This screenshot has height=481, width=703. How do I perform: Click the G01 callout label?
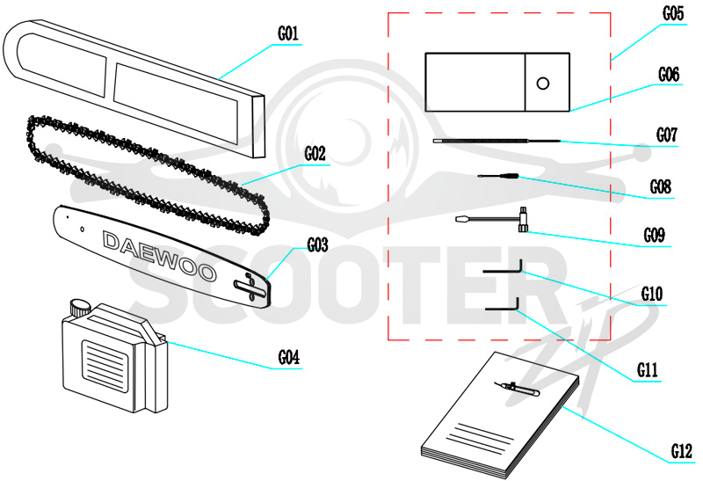point(288,33)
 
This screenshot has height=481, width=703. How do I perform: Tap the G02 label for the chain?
point(315,154)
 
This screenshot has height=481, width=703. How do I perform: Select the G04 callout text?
point(289,358)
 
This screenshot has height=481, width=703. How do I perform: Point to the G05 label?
point(673,13)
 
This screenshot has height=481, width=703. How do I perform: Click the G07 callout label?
point(667,135)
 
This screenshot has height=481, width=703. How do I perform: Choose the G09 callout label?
point(654,235)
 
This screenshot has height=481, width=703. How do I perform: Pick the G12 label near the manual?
point(682,451)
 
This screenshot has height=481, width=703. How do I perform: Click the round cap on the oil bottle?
point(80,308)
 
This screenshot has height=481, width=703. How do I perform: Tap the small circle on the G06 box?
point(543,83)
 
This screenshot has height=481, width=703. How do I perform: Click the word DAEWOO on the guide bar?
point(159,257)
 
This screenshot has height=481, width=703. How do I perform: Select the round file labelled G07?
point(496,141)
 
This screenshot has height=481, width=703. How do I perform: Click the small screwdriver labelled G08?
point(498,176)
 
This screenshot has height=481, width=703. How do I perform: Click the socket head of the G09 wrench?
point(523,220)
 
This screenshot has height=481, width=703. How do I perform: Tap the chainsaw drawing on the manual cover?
point(517,389)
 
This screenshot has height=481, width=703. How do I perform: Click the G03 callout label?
point(317,245)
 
